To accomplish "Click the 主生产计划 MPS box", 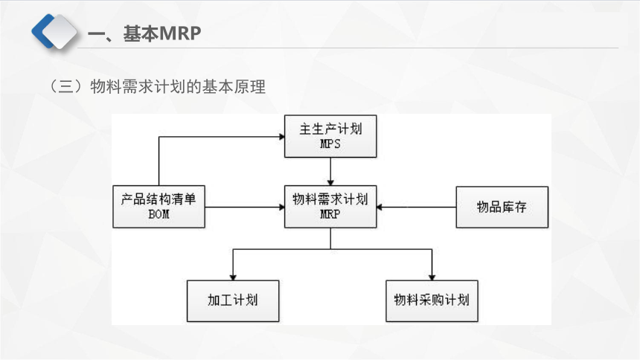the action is tap(330, 136).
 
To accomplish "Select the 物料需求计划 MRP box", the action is tap(330, 207).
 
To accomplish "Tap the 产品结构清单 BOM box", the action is tap(159, 207).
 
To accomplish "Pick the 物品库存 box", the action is tap(502, 207).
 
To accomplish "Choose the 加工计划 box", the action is tap(233, 300).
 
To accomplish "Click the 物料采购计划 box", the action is tap(432, 300).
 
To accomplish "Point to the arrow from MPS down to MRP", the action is tap(330, 171).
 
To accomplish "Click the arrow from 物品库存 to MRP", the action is tap(416, 207).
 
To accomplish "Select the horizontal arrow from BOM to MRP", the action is tap(245, 207).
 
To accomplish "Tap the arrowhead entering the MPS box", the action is tap(281, 137).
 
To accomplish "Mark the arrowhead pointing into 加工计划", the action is tap(233, 277).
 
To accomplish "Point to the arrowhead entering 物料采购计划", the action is tap(432, 277).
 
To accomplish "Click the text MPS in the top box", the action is tap(330, 144).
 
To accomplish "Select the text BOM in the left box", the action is tap(159, 214).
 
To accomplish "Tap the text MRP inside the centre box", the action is tap(330, 214).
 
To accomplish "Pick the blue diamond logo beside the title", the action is tap(54, 31).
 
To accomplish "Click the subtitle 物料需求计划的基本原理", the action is tap(178, 86).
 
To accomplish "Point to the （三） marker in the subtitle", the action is tap(66, 86).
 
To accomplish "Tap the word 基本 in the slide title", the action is tap(141, 33).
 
